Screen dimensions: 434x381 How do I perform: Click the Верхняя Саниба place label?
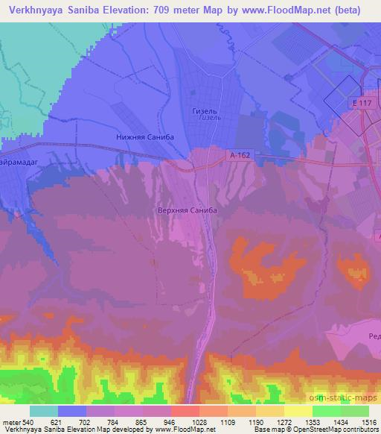click(188, 211)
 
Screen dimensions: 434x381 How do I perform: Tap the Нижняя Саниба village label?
click(145, 137)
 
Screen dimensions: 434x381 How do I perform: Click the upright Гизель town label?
click(204, 110)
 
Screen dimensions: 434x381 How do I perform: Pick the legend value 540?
click(29, 423)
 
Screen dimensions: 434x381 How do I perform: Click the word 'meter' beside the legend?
click(10, 423)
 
